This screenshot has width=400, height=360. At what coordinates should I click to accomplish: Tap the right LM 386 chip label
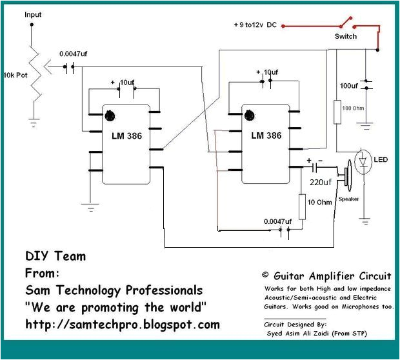tap(266, 135)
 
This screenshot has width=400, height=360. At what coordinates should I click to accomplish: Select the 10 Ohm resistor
tap(301, 206)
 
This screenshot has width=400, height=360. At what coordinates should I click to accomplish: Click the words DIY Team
tap(55, 256)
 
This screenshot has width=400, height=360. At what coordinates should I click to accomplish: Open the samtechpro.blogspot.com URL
tap(123, 324)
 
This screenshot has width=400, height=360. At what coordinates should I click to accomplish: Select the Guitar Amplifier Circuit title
tap(327, 275)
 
